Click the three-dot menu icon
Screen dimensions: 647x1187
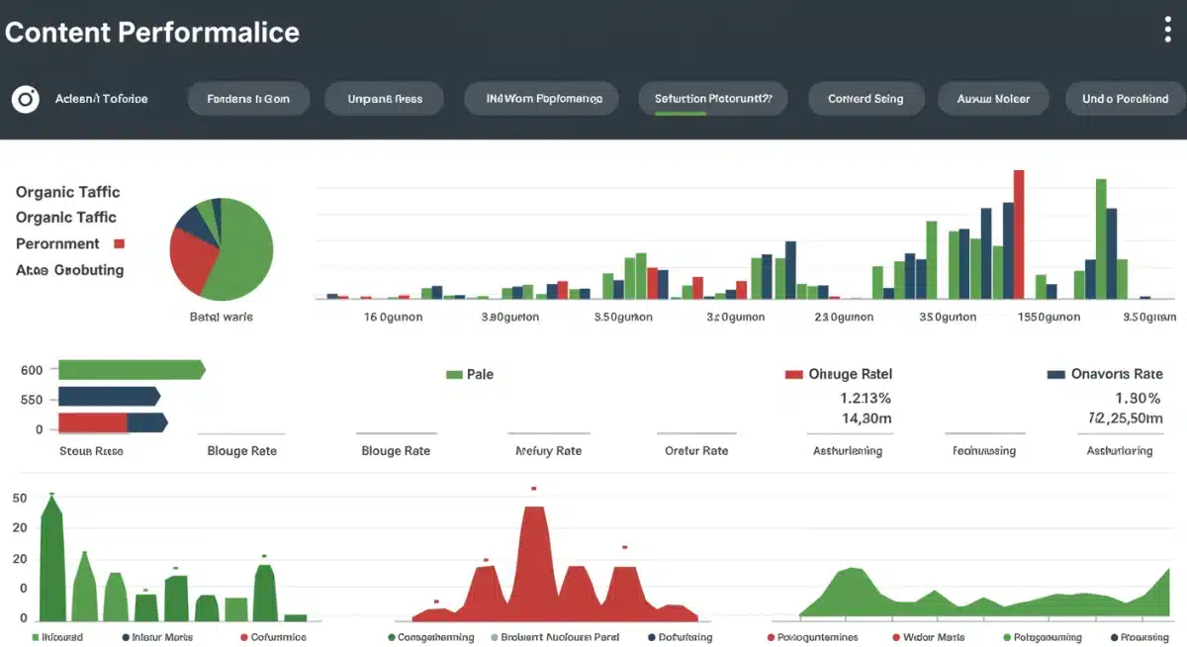tap(1167, 30)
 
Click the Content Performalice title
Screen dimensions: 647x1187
tap(151, 32)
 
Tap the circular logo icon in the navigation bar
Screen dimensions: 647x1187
tap(25, 99)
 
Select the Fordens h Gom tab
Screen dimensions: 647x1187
tap(248, 99)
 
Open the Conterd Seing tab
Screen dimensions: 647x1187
tap(865, 99)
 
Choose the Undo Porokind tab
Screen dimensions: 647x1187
tap(1125, 99)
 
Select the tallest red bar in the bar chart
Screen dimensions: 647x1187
tap(1019, 233)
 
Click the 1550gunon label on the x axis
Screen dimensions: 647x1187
tap(1049, 318)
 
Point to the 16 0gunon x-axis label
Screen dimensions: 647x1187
tap(393, 318)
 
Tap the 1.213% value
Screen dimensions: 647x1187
tap(865, 399)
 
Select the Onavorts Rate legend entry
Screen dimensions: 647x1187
tap(1104, 375)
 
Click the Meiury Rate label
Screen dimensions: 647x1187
tap(548, 451)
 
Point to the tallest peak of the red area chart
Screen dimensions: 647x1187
tap(534, 514)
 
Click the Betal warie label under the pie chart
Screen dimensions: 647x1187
tap(221, 317)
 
